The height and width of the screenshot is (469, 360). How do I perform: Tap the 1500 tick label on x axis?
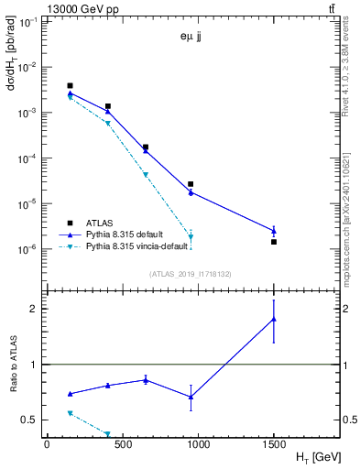coord(274,443)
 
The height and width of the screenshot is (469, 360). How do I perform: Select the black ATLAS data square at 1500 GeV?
coord(274,242)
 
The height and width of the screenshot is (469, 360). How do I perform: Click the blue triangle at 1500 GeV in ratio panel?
coord(274,319)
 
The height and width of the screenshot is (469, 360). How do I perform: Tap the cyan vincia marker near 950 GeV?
coord(191,236)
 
